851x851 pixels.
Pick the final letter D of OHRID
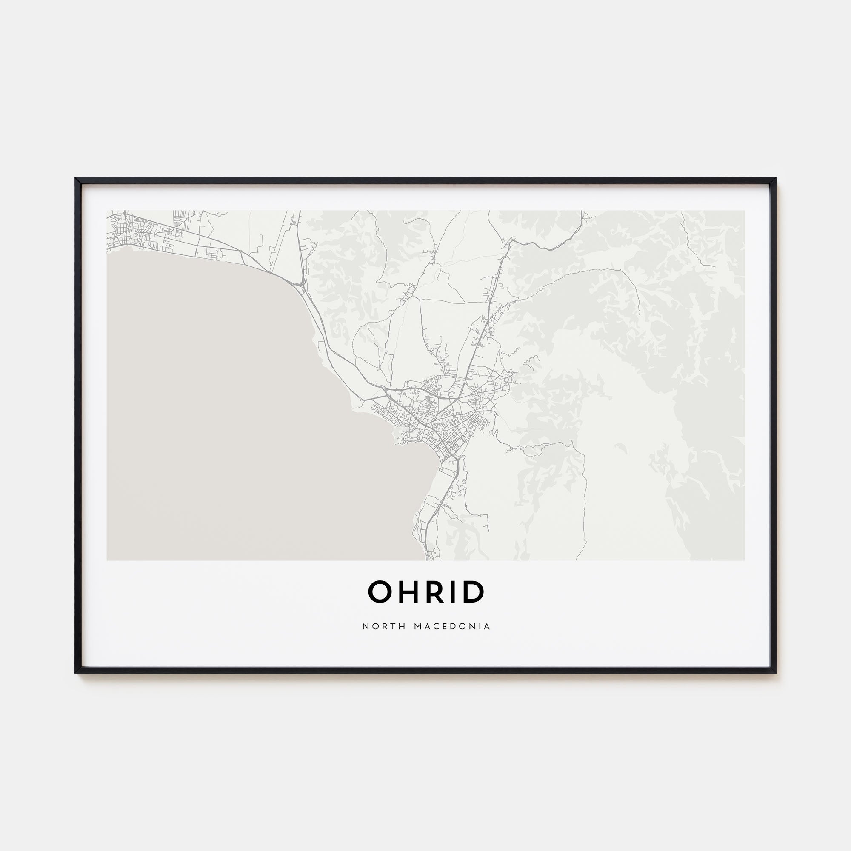point(474,591)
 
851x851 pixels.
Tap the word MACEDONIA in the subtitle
point(452,626)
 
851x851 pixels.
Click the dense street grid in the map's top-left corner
point(128,231)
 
